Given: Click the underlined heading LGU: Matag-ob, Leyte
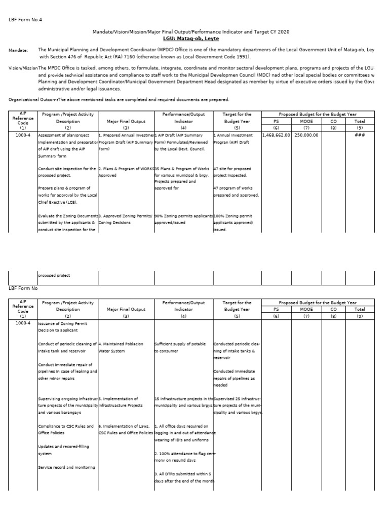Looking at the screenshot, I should tap(191, 39).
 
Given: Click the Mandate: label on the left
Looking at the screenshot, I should tap(19, 51).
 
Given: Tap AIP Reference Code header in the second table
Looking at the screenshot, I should tap(23, 309).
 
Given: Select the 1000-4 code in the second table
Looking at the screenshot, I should tap(23, 323).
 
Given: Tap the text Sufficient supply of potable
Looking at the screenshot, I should tap(180, 344).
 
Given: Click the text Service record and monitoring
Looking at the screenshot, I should tap(66, 467).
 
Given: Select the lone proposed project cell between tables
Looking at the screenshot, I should tap(54, 275).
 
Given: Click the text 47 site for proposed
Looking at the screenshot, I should tap(232, 168).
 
